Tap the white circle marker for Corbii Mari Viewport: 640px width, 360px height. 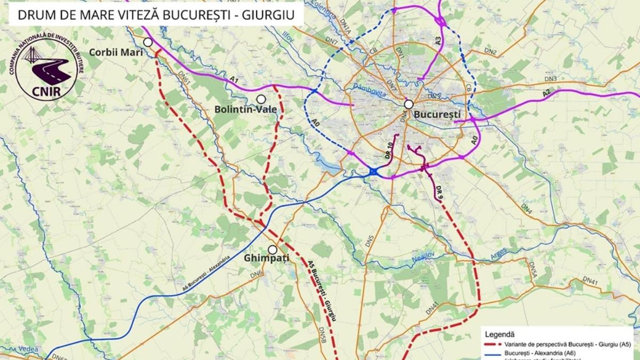[x=148, y=42]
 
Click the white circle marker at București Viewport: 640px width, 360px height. [x=409, y=105]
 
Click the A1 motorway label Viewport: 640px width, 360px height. [x=233, y=79]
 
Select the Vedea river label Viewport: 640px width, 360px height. [x=30, y=348]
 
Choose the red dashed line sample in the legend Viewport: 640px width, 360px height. [x=492, y=345]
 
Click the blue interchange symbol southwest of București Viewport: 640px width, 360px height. [x=373, y=171]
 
